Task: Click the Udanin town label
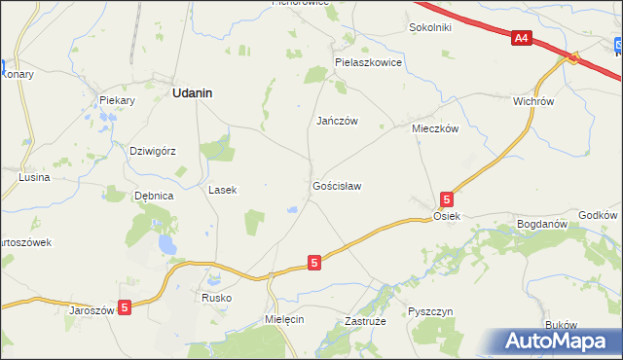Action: [193, 92]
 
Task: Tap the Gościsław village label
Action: [337, 185]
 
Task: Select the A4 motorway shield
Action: [522, 38]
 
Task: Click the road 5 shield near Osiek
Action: [446, 198]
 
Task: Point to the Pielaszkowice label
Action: [368, 61]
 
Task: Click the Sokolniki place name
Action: [430, 27]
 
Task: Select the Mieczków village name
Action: [434, 128]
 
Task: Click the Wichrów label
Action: [532, 100]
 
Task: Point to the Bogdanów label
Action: [542, 224]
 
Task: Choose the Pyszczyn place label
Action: [431, 311]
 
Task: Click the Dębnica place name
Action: [154, 196]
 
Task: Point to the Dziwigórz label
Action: [152, 151]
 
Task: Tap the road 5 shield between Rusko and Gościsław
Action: [313, 263]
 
